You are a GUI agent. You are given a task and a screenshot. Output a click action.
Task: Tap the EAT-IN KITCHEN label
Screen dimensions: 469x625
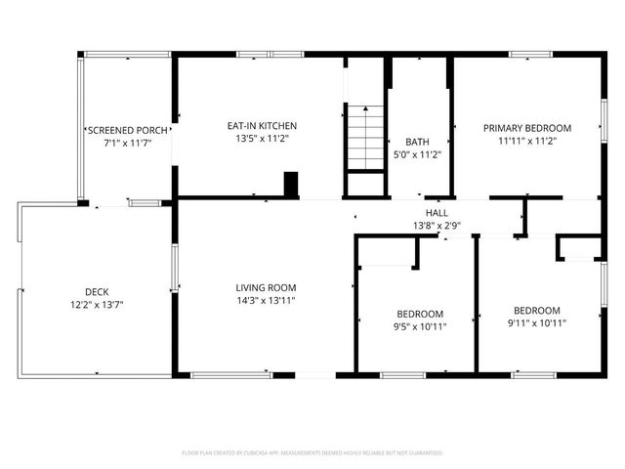(x=262, y=126)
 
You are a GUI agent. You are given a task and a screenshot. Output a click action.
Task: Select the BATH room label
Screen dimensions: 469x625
(x=417, y=142)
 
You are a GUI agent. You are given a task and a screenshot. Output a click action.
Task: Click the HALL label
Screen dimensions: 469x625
(x=437, y=213)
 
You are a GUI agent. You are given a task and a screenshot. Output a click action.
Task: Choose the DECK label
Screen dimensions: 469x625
(x=97, y=291)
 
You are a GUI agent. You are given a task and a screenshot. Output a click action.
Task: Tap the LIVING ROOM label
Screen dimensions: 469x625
(x=266, y=287)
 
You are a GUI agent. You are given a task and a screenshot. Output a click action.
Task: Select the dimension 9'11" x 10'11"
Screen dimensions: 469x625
(x=537, y=322)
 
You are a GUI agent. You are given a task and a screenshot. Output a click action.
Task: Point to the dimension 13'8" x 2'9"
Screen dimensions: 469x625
(x=437, y=226)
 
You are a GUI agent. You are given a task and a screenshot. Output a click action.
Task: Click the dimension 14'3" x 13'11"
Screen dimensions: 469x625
(x=266, y=301)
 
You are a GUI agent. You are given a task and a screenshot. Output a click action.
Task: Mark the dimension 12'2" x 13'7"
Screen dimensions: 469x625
(x=97, y=305)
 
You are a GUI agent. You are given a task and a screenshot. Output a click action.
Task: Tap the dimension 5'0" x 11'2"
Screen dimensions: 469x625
(x=417, y=154)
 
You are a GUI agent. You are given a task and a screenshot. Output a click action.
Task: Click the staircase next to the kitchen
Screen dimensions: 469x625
(x=366, y=139)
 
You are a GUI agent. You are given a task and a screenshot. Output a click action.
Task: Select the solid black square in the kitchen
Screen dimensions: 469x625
(x=290, y=185)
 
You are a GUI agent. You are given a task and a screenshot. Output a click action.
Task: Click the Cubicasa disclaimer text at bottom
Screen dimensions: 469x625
(x=312, y=453)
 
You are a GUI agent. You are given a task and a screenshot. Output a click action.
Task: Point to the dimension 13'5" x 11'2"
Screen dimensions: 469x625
(x=262, y=140)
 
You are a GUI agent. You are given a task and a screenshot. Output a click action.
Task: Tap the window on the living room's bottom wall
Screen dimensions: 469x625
(x=231, y=374)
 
